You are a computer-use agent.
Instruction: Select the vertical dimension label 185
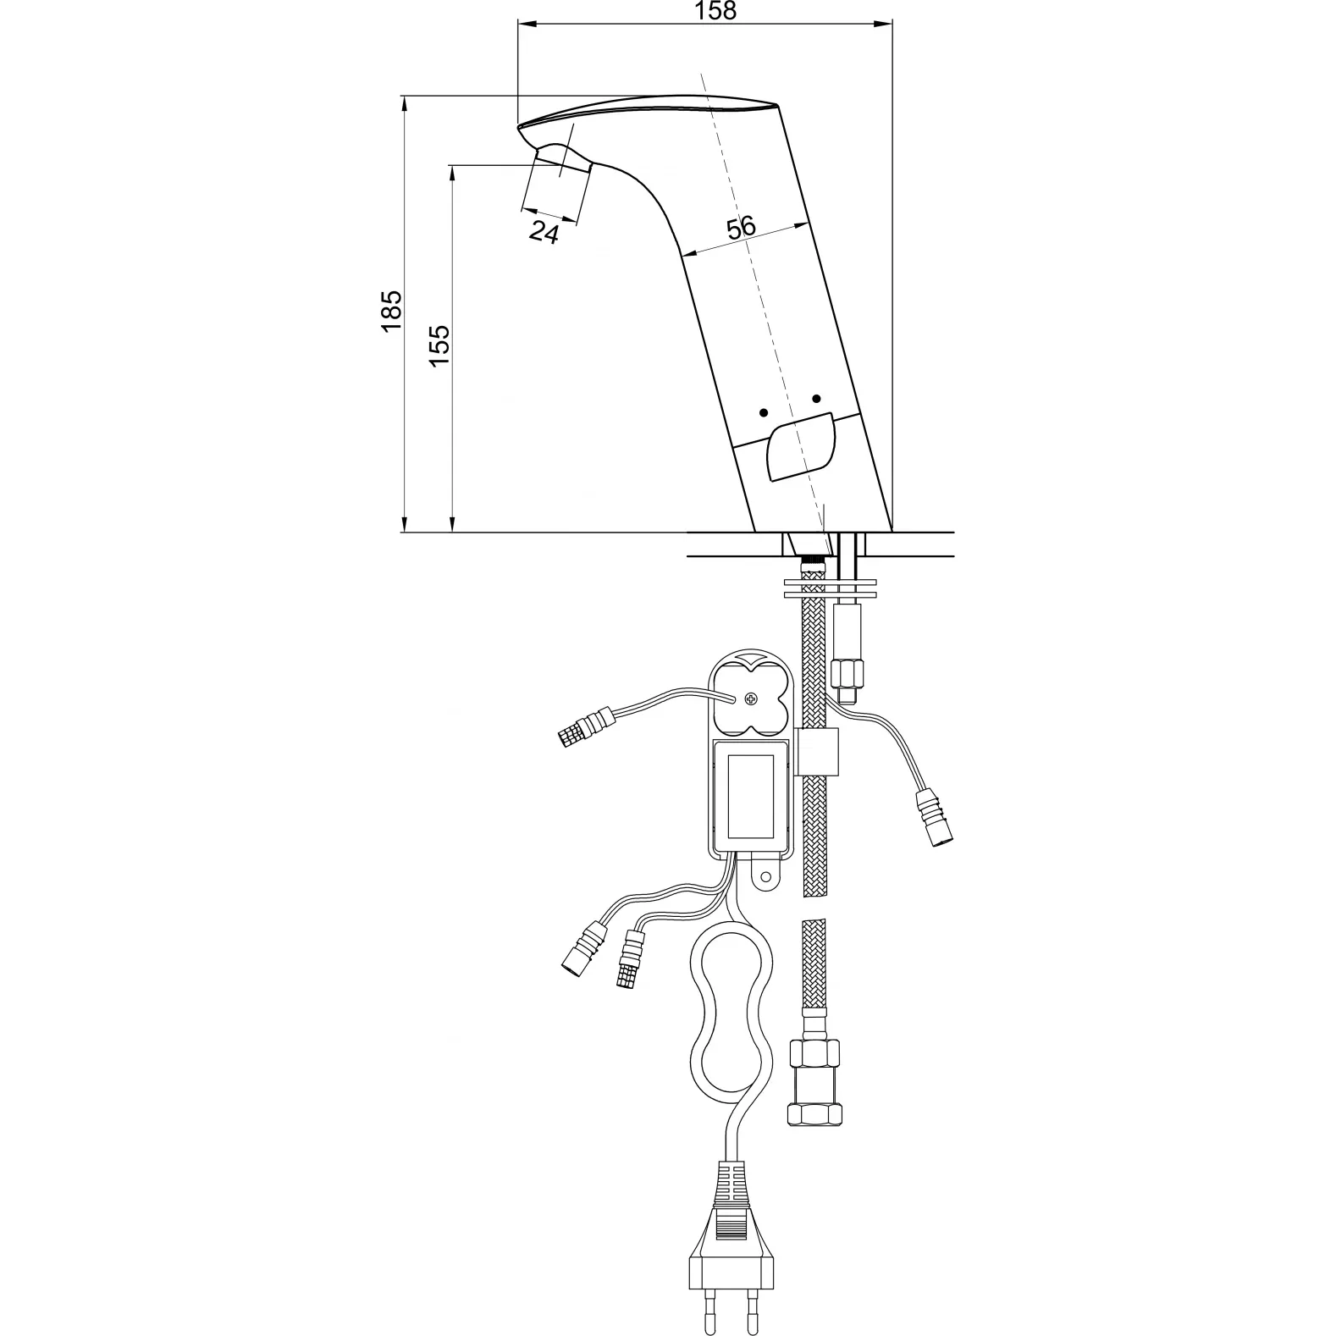(390, 311)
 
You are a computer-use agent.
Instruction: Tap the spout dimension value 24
(544, 231)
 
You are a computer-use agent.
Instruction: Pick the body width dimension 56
(741, 227)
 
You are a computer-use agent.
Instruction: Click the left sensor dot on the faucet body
(764, 412)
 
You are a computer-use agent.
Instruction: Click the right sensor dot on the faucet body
(816, 399)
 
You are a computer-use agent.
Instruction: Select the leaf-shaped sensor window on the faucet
(800, 447)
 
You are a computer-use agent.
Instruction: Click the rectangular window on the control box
(755, 795)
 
